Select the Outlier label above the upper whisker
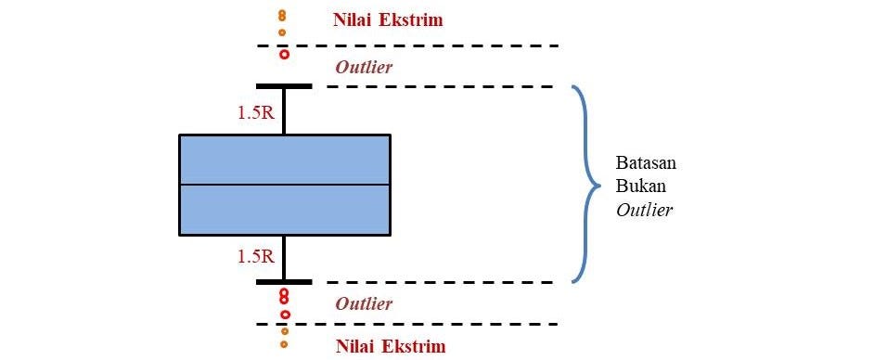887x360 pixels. (x=364, y=67)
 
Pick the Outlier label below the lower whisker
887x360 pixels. (x=364, y=303)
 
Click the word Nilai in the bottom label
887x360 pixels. (x=352, y=347)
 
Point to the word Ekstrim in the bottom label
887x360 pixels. (x=411, y=347)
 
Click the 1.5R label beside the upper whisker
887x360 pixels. (x=254, y=113)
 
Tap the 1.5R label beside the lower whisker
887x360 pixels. (x=254, y=257)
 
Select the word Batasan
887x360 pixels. (x=646, y=162)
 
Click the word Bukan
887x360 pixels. (x=638, y=186)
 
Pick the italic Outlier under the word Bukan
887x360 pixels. (x=644, y=210)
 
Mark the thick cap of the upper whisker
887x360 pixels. (x=284, y=86)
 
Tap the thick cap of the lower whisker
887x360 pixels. (x=284, y=281)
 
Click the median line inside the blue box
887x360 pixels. (x=284, y=185)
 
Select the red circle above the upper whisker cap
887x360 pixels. (x=284, y=55)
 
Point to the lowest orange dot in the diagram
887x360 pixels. (x=284, y=344)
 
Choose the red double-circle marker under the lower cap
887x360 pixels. (x=284, y=296)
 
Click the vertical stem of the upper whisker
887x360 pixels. (x=284, y=111)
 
